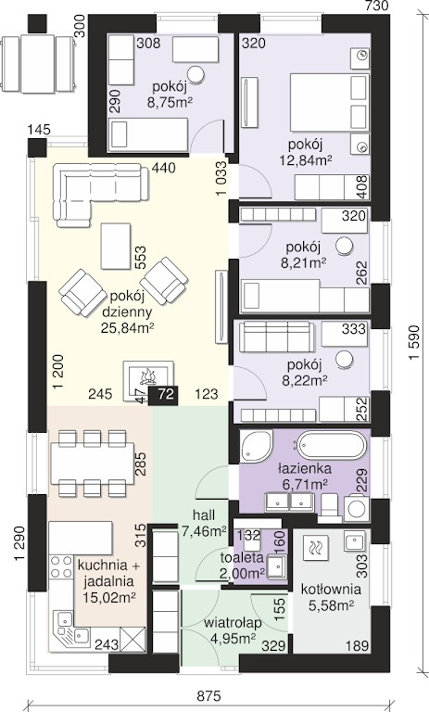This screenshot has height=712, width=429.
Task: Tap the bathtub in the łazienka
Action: point(332,445)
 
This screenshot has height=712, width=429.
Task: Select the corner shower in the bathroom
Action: point(257,445)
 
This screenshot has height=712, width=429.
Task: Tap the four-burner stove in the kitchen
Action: point(61,566)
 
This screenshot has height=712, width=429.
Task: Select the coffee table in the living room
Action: point(116,246)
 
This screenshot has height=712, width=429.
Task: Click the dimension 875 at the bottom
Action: point(209,696)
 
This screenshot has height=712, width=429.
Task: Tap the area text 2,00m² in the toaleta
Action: point(242,573)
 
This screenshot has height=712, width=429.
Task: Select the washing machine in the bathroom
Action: point(357,509)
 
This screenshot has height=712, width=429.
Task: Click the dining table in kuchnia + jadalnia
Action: point(92,464)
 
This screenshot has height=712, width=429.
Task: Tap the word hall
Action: point(204,515)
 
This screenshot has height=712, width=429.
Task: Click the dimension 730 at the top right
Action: point(377,6)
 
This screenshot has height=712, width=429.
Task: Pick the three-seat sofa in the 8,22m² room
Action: point(276,337)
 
